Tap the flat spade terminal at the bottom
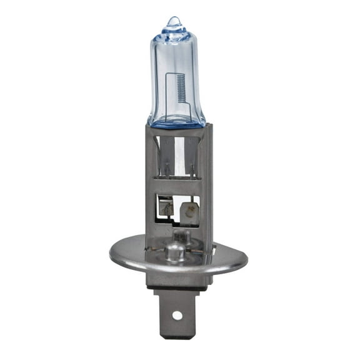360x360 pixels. click(x=177, y=312)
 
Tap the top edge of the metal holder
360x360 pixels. click(x=177, y=127)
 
